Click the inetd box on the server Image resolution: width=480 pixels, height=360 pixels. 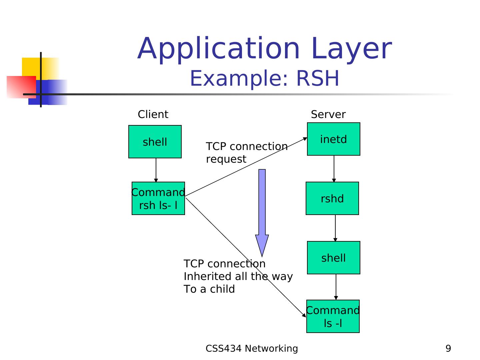pyautogui.click(x=333, y=139)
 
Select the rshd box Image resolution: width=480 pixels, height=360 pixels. pyautogui.click(x=332, y=198)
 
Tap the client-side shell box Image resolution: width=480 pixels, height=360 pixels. pyautogui.click(x=155, y=142)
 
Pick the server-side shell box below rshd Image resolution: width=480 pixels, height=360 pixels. pyautogui.click(x=333, y=258)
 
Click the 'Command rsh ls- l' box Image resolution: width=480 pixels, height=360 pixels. pyautogui.click(x=158, y=198)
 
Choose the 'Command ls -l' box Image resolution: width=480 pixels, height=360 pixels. pyautogui.click(x=333, y=316)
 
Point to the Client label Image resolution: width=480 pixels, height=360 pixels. pyautogui.click(x=153, y=114)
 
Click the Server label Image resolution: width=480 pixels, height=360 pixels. pyautogui.click(x=328, y=114)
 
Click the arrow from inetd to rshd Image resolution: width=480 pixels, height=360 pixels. pyautogui.click(x=334, y=169)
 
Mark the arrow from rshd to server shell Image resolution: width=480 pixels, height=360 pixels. pyautogui.click(x=335, y=228)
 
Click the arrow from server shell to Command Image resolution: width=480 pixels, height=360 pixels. pyautogui.click(x=336, y=287)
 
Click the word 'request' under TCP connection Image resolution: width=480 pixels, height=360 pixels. pyautogui.click(x=226, y=159)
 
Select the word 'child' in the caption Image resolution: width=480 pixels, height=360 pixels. pyautogui.click(x=223, y=289)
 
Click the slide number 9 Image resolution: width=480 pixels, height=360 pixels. pyautogui.click(x=448, y=348)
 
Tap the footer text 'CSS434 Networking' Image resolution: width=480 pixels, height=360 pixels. pyautogui.click(x=252, y=348)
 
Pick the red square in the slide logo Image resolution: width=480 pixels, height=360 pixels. pyautogui.click(x=21, y=87)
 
